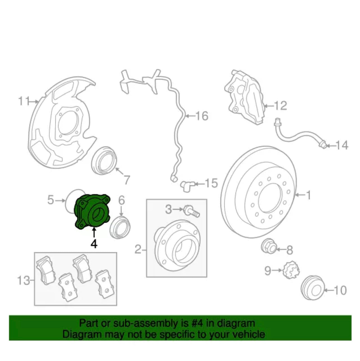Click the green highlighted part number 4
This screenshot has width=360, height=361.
[92, 211]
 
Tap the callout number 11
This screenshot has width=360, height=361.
[24, 101]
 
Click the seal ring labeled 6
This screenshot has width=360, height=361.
[120, 227]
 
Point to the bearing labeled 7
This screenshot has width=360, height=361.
[104, 161]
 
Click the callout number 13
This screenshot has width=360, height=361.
[23, 281]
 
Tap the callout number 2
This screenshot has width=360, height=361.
[138, 249]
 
